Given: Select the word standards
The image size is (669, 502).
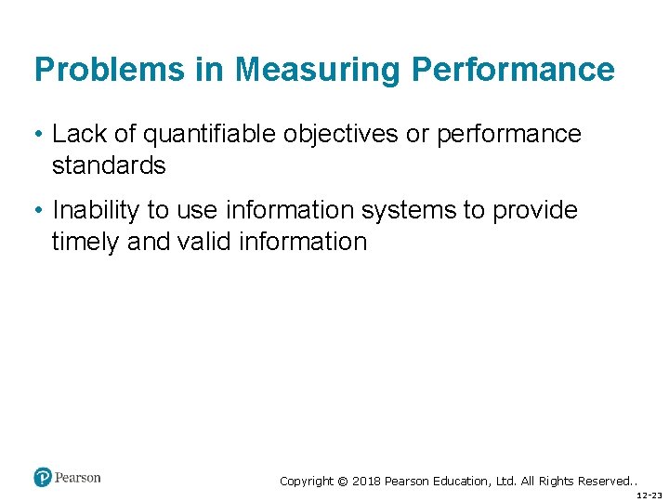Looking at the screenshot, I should [109, 166].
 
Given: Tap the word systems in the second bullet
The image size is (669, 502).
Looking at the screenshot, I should [408, 210].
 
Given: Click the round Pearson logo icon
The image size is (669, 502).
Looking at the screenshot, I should [43, 478].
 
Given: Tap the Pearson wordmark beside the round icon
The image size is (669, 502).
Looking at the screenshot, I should [78, 478].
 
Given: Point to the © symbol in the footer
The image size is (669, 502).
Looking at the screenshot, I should [342, 482].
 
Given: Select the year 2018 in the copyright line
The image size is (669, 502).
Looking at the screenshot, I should [367, 482].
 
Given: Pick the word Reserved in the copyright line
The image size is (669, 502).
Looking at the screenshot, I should [602, 482].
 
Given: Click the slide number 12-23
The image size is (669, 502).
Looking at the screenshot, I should [650, 495].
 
